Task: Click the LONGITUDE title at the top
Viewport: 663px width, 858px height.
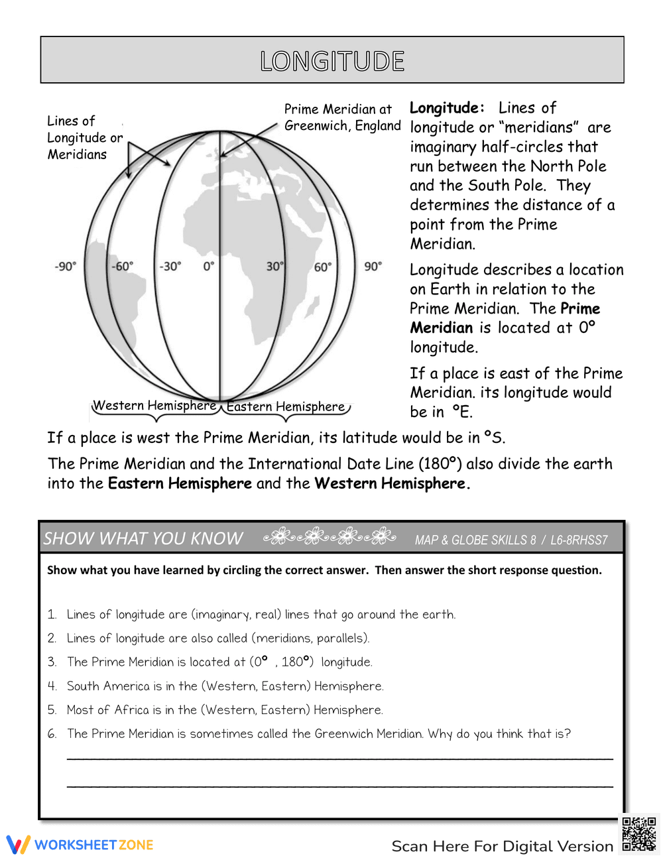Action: [332, 61]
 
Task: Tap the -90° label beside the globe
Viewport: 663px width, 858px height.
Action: [65, 267]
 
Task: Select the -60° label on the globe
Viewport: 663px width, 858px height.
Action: [122, 267]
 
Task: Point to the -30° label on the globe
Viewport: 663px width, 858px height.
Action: [170, 267]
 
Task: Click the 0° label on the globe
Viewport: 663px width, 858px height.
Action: [209, 267]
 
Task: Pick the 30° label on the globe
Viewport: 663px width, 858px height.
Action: [274, 267]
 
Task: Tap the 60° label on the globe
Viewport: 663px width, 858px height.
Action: [322, 267]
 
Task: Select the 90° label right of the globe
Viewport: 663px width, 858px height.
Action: [373, 267]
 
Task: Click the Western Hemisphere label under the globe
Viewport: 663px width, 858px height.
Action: [154, 405]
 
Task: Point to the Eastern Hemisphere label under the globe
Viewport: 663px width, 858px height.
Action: [286, 406]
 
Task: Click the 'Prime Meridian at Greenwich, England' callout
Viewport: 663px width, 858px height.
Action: [342, 117]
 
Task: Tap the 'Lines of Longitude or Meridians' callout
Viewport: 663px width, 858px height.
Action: [84, 137]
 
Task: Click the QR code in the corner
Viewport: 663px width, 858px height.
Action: [638, 833]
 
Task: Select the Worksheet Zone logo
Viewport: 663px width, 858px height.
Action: [80, 845]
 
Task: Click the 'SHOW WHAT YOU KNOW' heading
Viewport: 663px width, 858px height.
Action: [143, 538]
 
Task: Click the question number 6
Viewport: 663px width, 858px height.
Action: [52, 734]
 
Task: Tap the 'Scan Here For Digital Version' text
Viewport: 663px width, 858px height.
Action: [502, 846]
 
